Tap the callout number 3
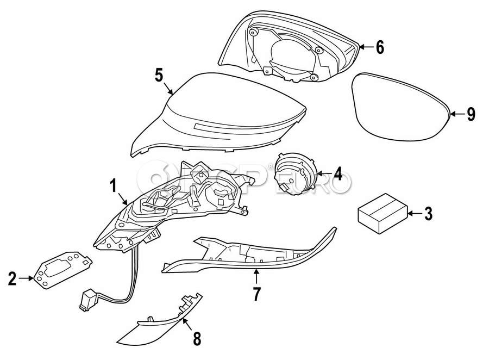[x=428, y=214]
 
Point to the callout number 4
[x=337, y=175]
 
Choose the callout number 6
[x=379, y=47]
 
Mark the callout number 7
[x=256, y=294]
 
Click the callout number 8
[x=196, y=339]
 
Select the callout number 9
[x=471, y=114]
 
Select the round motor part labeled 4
[x=296, y=172]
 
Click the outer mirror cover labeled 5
[x=217, y=117]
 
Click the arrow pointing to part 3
[x=414, y=214]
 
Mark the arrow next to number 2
[x=26, y=280]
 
